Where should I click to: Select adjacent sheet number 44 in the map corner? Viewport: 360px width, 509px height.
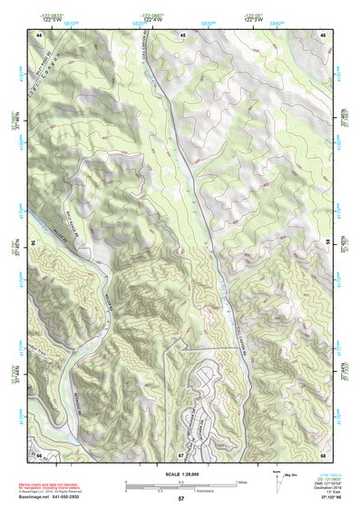click(x=41, y=34)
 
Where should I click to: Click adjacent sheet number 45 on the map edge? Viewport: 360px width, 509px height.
click(x=181, y=34)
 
